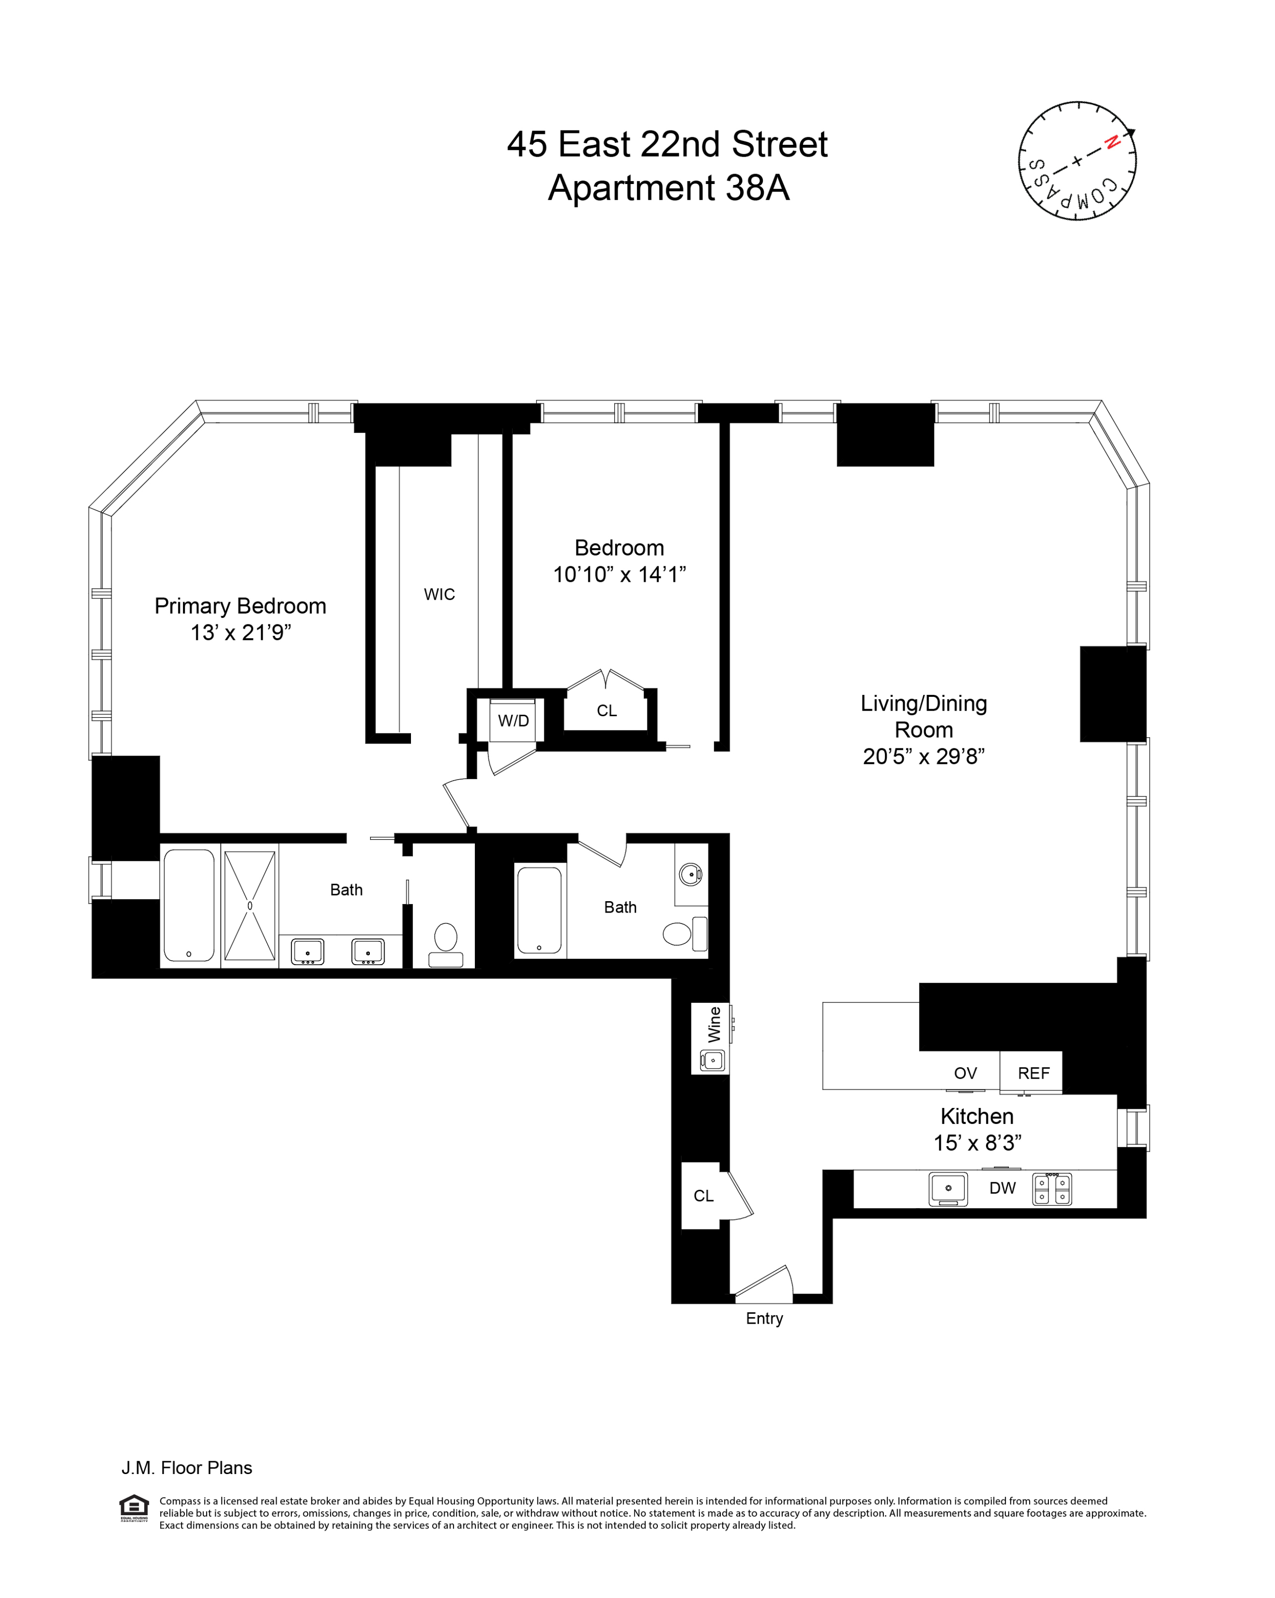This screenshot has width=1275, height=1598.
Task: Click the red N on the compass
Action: click(x=1111, y=143)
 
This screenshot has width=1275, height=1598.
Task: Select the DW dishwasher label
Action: click(x=1002, y=1187)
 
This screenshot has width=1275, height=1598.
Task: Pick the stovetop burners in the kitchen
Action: click(x=1051, y=1188)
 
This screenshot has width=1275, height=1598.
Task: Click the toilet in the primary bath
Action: click(x=445, y=943)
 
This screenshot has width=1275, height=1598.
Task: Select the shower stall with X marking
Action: click(x=250, y=905)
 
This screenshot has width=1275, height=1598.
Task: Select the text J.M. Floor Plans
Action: click(x=187, y=1468)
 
